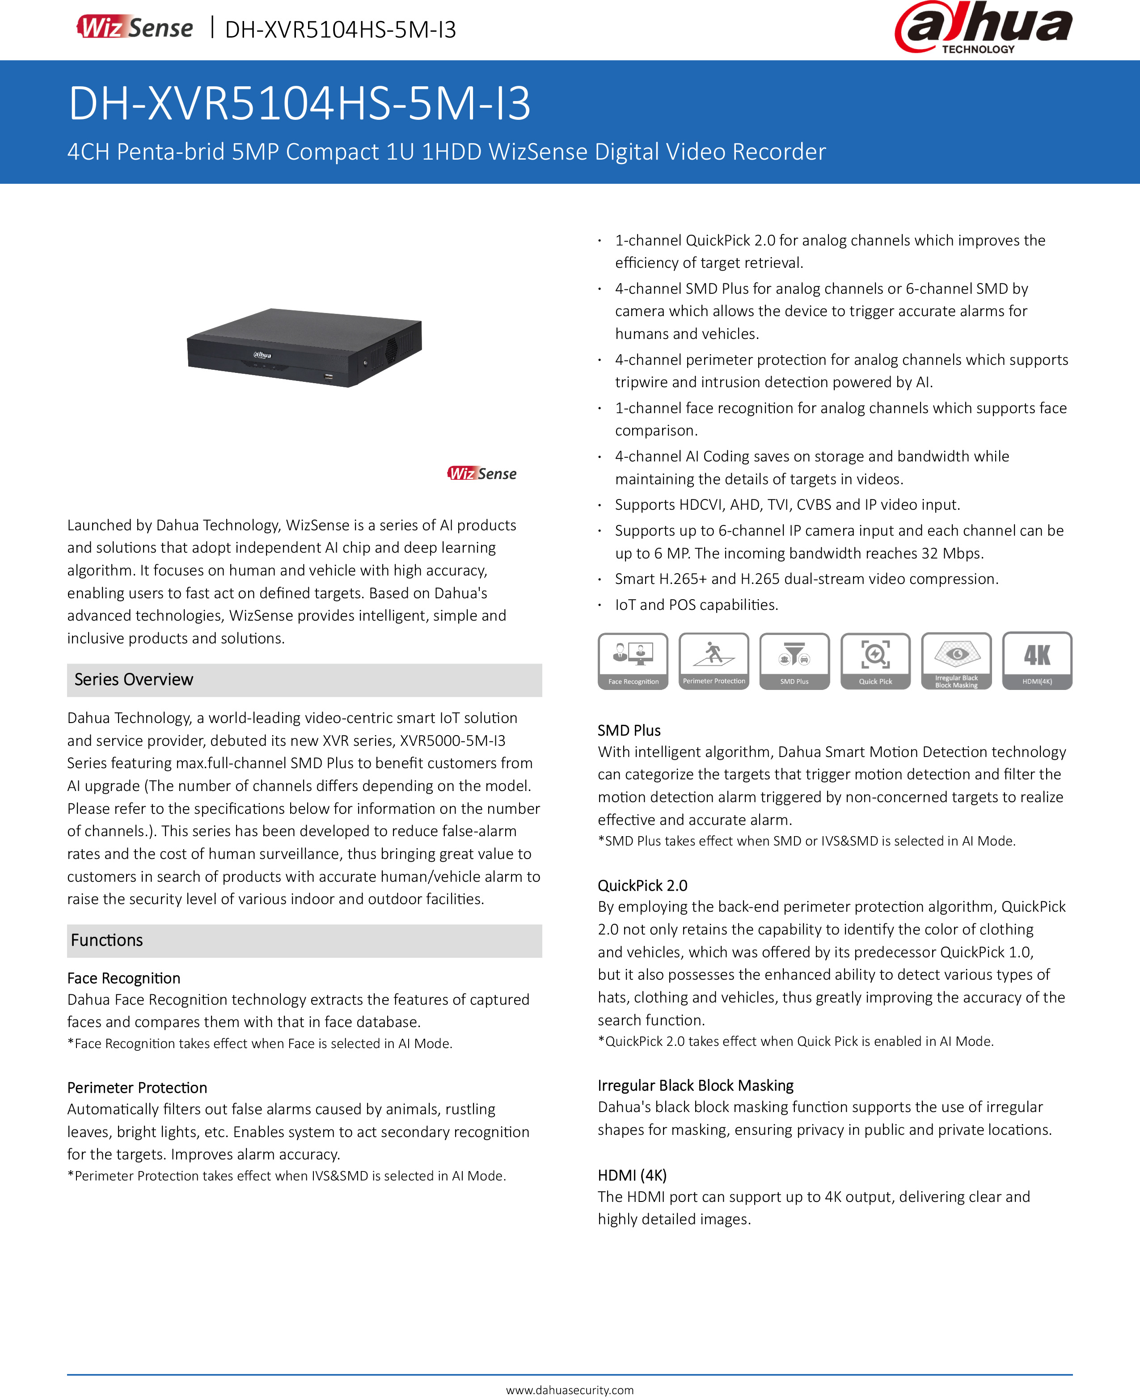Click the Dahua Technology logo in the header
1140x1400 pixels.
click(x=983, y=28)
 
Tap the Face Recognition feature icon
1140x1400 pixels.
click(x=633, y=660)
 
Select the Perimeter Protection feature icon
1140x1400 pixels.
click(x=714, y=660)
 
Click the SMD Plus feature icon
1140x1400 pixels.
click(x=794, y=660)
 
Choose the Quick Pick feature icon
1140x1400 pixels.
click(x=875, y=660)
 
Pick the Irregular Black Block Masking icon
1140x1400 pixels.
click(x=956, y=660)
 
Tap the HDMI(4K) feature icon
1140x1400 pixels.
click(x=1037, y=660)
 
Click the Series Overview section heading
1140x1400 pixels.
click(x=134, y=680)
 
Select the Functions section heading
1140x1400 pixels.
click(x=107, y=940)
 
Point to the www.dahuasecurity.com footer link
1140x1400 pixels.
click(x=570, y=1390)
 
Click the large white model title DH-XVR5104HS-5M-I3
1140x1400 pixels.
click(x=300, y=104)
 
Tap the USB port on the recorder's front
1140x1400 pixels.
click(x=328, y=376)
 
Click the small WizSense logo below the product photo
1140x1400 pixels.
click(x=482, y=474)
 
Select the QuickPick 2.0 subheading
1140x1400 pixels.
click(x=642, y=885)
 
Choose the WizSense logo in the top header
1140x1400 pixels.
click(x=135, y=28)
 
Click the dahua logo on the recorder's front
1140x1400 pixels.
click(x=263, y=355)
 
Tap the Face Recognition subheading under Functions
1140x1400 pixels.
click(x=123, y=978)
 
